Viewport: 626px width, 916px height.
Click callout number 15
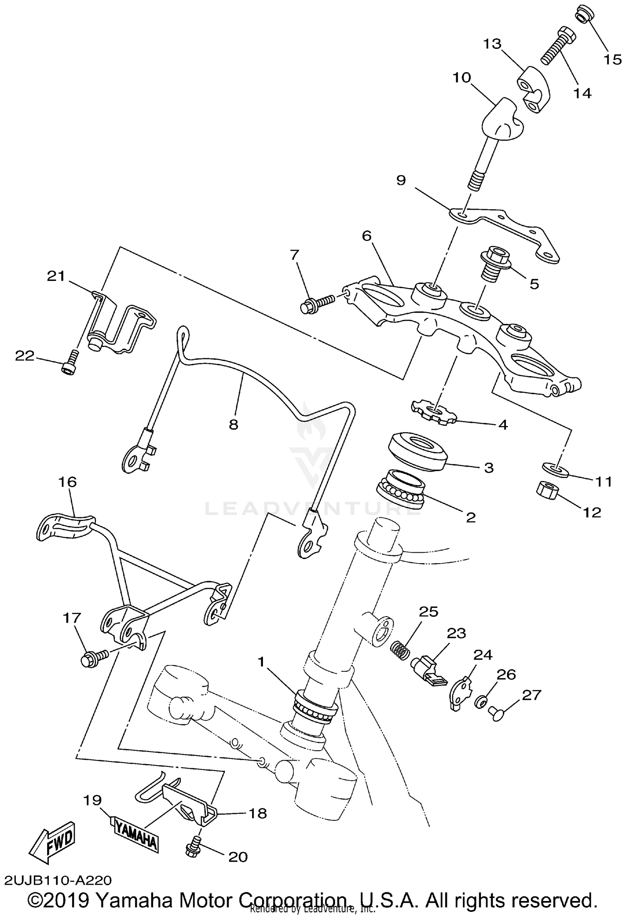tap(613, 60)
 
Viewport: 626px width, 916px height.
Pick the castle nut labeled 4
tap(434, 413)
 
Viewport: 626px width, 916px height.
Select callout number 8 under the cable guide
tap(233, 424)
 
